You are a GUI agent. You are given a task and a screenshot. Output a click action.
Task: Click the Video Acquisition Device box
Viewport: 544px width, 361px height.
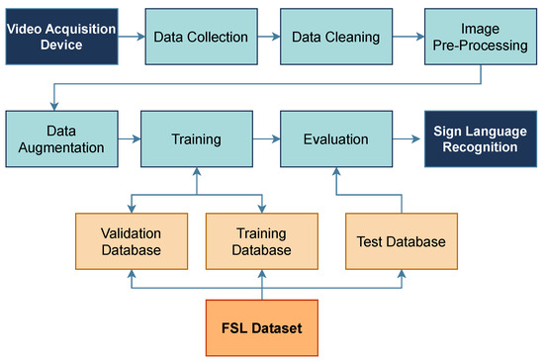tap(61, 38)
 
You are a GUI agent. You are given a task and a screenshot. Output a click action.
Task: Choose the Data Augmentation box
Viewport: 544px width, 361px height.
tap(61, 138)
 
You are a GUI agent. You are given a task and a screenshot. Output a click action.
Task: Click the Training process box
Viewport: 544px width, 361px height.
tap(196, 138)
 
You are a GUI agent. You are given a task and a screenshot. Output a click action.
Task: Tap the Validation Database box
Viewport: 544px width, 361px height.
tap(131, 241)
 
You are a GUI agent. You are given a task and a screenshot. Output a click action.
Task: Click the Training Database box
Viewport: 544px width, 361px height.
tap(261, 241)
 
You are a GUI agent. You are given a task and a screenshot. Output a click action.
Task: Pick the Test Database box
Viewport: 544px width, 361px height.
tap(402, 241)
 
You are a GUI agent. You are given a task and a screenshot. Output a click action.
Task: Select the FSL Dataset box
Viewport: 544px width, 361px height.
tap(261, 327)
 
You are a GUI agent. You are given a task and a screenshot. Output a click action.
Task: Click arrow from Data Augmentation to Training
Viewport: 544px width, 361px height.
tap(130, 138)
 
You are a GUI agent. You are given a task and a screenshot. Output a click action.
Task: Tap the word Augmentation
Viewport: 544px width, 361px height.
tap(61, 147)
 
